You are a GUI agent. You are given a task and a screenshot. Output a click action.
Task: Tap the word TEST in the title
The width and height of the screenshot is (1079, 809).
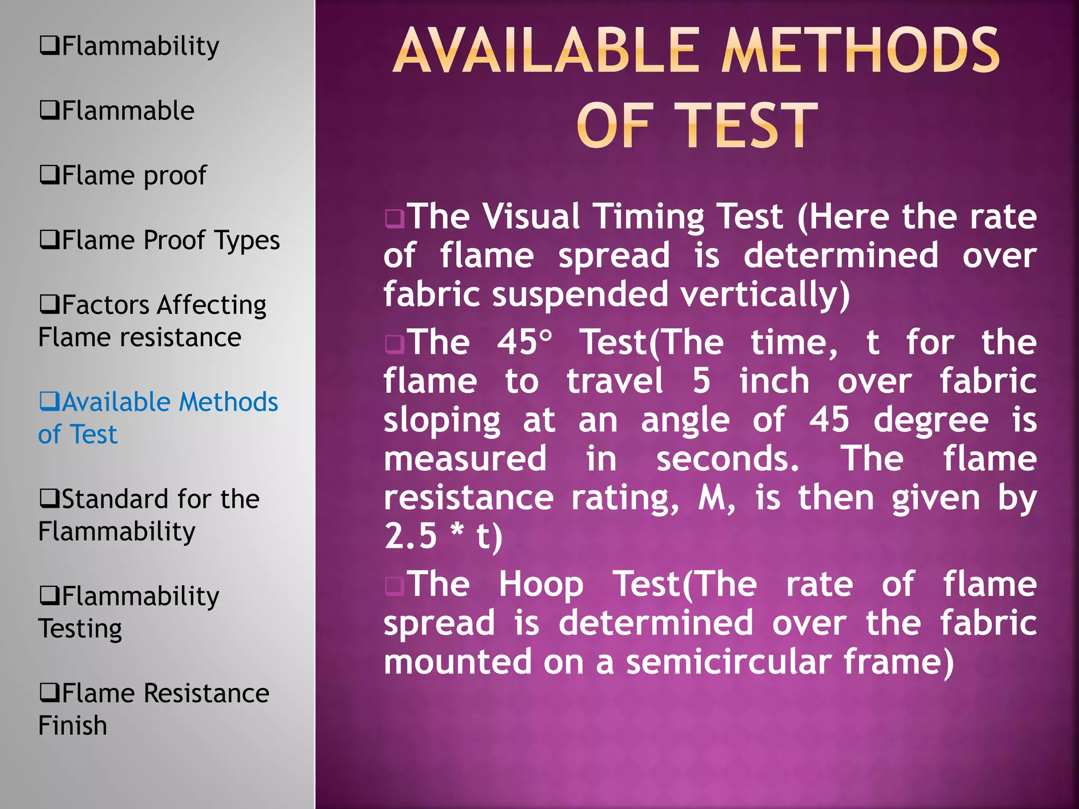(x=746, y=126)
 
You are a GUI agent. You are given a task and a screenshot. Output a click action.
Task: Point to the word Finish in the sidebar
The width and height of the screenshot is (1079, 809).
(x=73, y=725)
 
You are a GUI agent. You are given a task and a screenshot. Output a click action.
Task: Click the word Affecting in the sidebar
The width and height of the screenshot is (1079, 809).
(x=211, y=305)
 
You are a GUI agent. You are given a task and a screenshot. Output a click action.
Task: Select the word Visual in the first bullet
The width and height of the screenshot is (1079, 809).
(x=532, y=216)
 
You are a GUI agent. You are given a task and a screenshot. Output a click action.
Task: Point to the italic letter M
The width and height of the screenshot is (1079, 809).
(x=713, y=497)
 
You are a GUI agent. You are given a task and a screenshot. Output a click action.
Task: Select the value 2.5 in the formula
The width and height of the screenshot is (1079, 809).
(x=411, y=536)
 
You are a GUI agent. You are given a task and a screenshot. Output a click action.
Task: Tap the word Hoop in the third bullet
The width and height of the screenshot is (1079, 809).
(x=541, y=584)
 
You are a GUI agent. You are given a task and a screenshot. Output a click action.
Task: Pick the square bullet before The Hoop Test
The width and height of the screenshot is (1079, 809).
(x=395, y=585)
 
